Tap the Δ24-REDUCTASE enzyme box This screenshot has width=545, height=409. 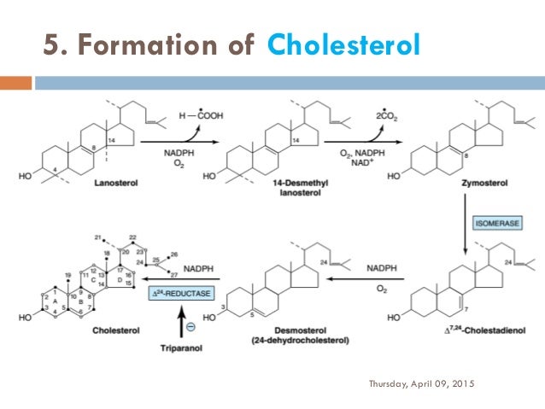coord(181,294)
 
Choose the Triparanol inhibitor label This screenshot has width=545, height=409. coord(179,348)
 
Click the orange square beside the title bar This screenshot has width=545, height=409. coord(15,83)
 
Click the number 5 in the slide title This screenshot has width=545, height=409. coord(50,44)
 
